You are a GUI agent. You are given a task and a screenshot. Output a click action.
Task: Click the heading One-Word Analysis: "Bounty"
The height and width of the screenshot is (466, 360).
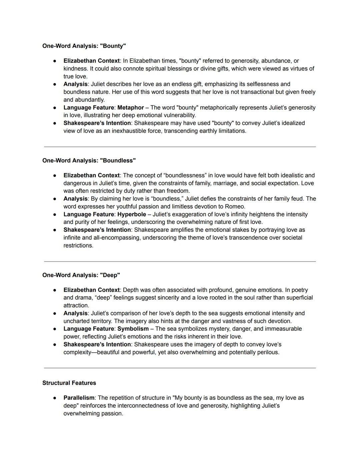pyautogui.click(x=84, y=46)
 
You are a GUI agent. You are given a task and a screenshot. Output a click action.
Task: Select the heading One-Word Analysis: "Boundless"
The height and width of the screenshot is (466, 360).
pyautogui.click(x=89, y=160)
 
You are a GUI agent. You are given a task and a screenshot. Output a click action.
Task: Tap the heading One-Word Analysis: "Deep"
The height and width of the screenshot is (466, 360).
pyautogui.click(x=81, y=275)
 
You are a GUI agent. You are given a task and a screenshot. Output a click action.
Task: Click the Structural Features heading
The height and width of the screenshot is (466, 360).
pyautogui.click(x=69, y=383)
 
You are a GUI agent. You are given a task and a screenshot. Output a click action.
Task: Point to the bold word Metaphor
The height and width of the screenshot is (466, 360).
pyautogui.click(x=130, y=108)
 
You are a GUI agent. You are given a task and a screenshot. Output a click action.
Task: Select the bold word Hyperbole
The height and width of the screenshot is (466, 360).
pyautogui.click(x=132, y=214)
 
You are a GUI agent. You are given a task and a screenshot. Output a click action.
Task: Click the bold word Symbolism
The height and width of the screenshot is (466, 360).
pyautogui.click(x=133, y=329)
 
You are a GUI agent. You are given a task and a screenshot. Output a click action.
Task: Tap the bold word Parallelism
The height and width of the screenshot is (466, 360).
pyautogui.click(x=79, y=398)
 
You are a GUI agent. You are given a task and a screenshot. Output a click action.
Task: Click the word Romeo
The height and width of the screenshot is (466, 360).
pyautogui.click(x=235, y=206)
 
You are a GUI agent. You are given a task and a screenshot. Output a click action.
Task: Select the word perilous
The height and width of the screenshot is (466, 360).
pyautogui.click(x=268, y=353)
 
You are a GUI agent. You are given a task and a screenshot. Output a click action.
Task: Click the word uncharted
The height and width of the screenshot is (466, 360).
pyautogui.click(x=76, y=321)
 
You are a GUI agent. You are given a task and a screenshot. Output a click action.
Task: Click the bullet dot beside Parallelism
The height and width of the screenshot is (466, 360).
pyautogui.click(x=54, y=398)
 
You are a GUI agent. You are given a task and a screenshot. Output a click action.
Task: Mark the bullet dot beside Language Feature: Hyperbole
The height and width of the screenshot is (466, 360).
pyautogui.click(x=54, y=214)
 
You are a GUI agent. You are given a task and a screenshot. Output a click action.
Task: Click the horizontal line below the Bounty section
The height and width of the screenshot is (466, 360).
pyautogui.click(x=180, y=146)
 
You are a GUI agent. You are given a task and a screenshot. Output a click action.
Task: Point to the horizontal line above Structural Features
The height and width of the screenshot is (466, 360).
pyautogui.click(x=180, y=368)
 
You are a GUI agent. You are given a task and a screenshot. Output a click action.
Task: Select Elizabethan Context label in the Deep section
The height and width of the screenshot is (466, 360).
pyautogui.click(x=91, y=290)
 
